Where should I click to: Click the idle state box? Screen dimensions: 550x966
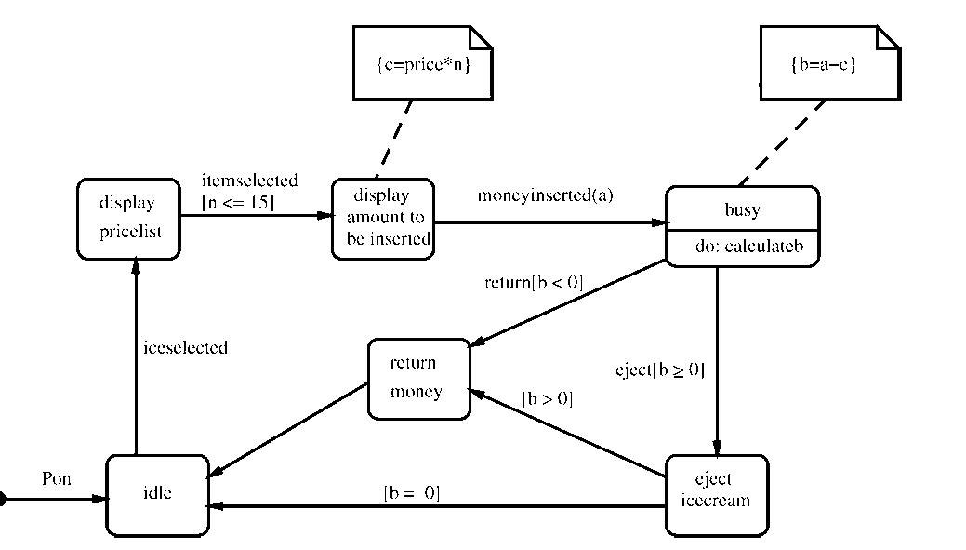157,495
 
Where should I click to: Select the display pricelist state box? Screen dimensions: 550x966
127,218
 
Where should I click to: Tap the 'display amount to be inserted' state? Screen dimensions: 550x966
382,219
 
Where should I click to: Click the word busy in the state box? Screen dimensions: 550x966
742,209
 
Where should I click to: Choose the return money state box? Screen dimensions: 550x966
418,379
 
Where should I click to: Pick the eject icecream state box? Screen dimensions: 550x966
716,495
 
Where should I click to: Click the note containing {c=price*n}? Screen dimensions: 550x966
422,63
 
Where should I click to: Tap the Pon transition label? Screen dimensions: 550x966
57,480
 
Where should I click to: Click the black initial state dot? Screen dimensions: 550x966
3,500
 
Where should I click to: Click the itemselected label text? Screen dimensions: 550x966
249,181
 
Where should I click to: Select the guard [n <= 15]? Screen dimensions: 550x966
238,200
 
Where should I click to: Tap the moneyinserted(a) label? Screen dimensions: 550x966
546,195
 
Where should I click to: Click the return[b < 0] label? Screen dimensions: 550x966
534,282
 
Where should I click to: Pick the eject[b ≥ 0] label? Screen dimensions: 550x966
660,369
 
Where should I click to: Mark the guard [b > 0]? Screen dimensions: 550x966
547,399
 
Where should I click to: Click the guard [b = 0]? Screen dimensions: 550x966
411,492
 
